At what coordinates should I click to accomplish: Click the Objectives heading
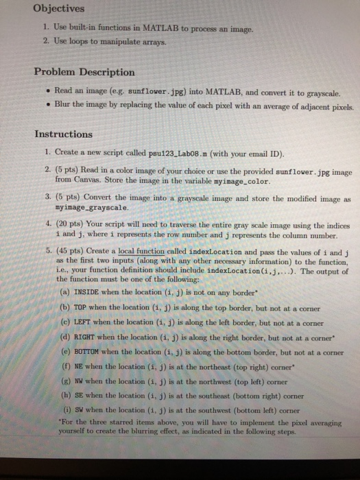point(59,10)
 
